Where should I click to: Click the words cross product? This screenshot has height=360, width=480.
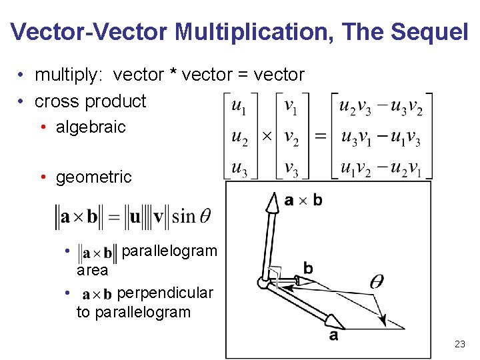point(90,101)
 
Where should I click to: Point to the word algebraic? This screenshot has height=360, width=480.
point(91,127)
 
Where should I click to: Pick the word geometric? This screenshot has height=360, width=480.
point(94,177)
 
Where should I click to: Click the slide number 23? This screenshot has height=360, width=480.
point(459,344)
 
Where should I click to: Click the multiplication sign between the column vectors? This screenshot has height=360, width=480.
point(266,136)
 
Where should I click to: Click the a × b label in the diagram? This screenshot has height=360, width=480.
point(303,199)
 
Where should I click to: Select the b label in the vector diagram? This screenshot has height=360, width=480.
point(307,268)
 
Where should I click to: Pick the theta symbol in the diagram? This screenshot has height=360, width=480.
point(377,281)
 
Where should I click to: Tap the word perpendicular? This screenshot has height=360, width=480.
point(165,293)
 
